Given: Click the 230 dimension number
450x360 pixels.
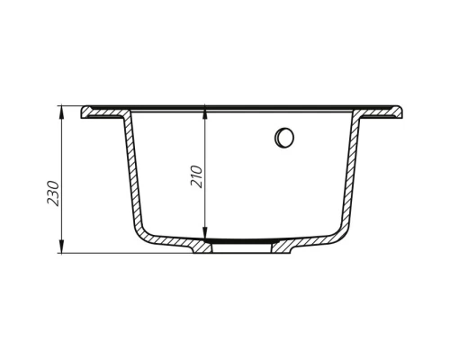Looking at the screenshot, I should (53, 194).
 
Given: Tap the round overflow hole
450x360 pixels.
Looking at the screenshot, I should (285, 138).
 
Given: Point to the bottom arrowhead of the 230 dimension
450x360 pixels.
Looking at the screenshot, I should (63, 249).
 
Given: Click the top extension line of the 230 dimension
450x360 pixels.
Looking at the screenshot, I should (72, 106).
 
